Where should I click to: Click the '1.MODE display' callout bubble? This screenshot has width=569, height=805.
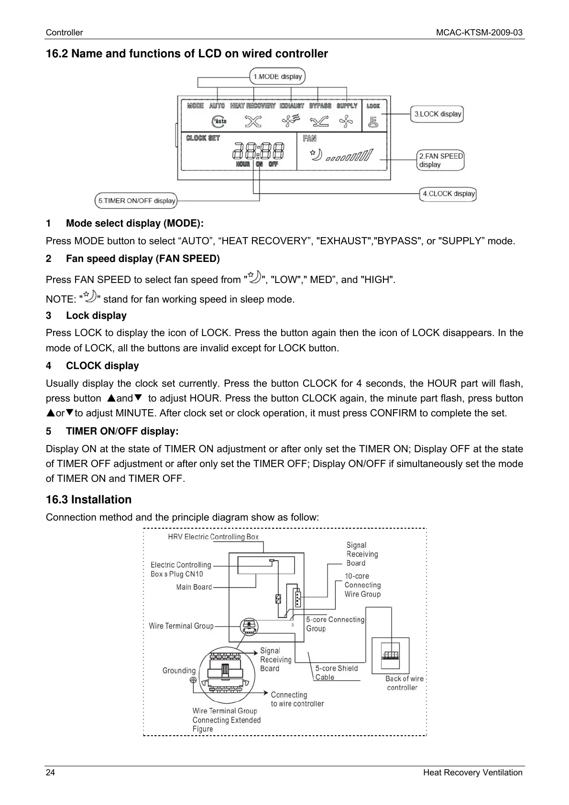point(277,76)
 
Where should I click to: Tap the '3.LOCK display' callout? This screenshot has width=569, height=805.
point(437,114)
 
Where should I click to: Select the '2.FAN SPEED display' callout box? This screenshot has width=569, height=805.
point(440,160)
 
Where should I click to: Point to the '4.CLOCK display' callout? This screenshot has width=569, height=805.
point(448,194)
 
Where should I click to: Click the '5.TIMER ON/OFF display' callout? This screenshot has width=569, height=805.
point(136,201)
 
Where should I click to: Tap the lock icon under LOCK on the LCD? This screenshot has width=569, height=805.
point(373,122)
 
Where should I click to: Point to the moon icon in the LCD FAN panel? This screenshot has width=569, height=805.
point(317,155)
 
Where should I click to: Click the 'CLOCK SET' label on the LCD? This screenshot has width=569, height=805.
point(203,138)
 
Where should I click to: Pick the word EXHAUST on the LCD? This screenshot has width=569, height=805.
point(292,106)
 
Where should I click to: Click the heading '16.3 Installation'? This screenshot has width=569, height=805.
point(88,500)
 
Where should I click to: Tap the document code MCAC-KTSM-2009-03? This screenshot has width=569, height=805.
point(479,33)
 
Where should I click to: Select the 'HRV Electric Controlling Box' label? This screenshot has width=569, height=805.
point(213,537)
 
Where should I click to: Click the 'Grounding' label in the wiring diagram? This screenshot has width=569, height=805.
point(179,671)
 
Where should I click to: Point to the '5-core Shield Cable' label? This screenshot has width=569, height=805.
point(336,673)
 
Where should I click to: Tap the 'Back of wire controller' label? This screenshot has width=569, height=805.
point(404,683)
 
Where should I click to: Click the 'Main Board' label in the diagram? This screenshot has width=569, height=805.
point(194,587)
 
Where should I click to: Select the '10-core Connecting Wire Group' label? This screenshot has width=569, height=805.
point(362,585)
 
